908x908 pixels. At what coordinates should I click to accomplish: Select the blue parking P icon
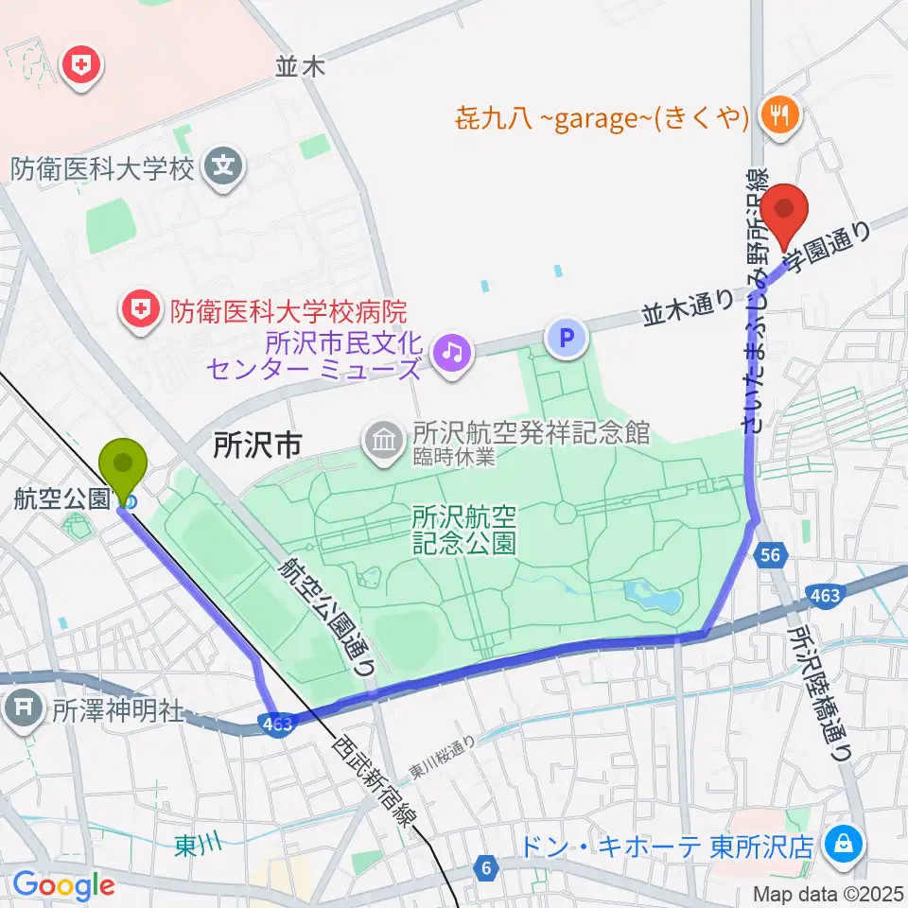(567, 337)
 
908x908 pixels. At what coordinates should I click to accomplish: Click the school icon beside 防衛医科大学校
(224, 168)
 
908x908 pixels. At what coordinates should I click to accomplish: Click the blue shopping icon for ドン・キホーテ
(841, 842)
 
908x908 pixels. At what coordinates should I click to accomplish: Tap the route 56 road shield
(772, 556)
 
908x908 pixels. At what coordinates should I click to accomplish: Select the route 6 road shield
(487, 867)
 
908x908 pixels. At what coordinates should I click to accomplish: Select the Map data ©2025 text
(826, 893)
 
